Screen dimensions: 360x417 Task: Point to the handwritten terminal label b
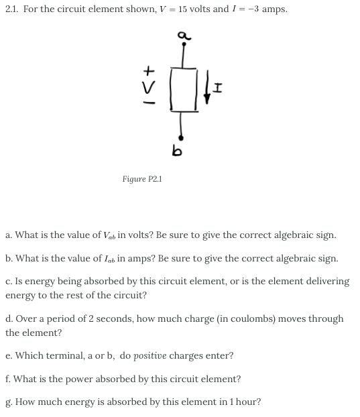177,152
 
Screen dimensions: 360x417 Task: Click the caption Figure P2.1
142,179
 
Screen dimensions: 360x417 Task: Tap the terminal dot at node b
181,136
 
